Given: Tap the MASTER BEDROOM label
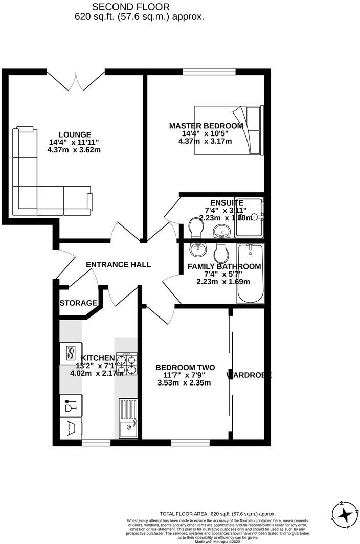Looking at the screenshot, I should click(x=206, y=126).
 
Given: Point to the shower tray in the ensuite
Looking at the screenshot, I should click(x=250, y=217).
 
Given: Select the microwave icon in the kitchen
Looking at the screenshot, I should click(x=70, y=353).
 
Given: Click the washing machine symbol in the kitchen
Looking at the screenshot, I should click(x=70, y=427).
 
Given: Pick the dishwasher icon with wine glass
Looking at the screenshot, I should click(x=70, y=406).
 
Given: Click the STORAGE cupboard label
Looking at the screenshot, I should click(x=78, y=303).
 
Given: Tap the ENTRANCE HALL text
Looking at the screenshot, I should click(x=118, y=264).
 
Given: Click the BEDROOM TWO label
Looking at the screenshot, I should click(x=185, y=368).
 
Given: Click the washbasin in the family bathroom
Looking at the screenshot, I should click(x=197, y=250).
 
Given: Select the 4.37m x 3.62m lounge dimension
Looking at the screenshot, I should click(x=74, y=150).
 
